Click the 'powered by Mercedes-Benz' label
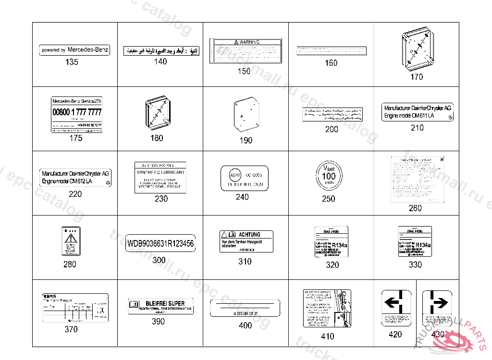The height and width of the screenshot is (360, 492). tap(74, 50)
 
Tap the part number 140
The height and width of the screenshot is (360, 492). tap(160, 61)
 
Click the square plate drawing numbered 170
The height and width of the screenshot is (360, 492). tap(417, 49)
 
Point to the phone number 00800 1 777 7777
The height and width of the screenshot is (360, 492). tap(77, 112)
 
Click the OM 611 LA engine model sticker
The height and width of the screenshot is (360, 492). tap(417, 112)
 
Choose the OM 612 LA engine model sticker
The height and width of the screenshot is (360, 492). tap(75, 177)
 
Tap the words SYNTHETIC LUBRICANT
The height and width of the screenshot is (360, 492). tap(160, 172)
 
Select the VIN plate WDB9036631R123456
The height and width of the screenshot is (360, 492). tap(160, 244)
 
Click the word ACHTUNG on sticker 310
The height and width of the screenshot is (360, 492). tap(249, 234)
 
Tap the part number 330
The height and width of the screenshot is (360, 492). tap(415, 264)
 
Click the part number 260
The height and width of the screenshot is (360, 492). tap(415, 208)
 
